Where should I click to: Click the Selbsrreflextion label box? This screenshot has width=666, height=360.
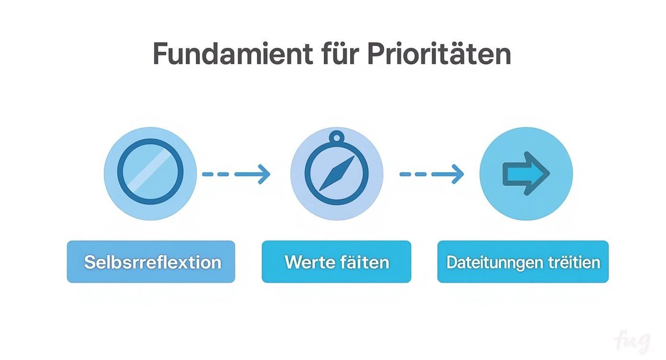[151, 262]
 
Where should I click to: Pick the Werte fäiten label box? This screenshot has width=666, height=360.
[336, 262]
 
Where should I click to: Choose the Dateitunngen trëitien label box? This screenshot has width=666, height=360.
[523, 262]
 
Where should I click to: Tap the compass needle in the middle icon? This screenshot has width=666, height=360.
[337, 173]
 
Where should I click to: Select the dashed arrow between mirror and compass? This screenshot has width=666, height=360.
[236, 174]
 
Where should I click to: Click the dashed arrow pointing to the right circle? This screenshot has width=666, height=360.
[432, 174]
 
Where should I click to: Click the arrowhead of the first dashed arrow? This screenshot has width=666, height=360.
[264, 174]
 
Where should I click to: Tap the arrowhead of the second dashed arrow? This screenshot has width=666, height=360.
[457, 174]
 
